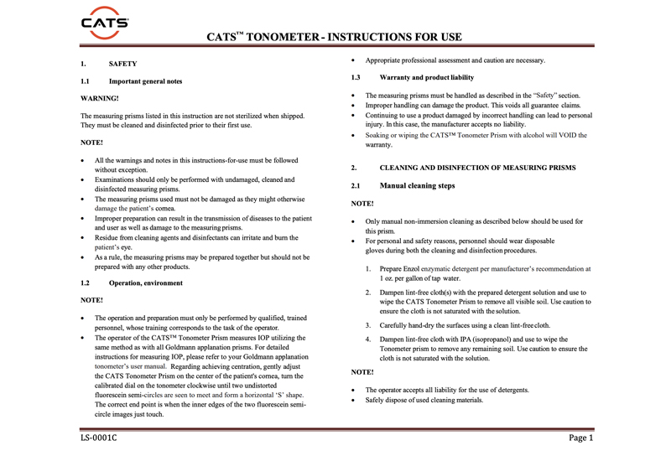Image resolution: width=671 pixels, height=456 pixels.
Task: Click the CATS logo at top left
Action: click(x=105, y=21)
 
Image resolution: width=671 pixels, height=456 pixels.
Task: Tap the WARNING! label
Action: click(x=99, y=98)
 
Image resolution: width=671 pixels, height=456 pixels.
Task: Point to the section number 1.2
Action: click(x=85, y=283)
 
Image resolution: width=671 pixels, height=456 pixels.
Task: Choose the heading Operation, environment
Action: click(x=145, y=283)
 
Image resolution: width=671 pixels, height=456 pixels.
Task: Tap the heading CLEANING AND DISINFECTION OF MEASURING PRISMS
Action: click(x=477, y=168)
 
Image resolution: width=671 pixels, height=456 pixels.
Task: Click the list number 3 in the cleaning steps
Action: click(x=369, y=325)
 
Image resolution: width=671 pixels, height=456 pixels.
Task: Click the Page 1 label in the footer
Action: click(x=580, y=438)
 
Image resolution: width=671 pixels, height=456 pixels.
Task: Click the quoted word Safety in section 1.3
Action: click(x=551, y=96)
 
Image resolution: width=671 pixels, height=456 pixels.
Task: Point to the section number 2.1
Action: click(x=356, y=185)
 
